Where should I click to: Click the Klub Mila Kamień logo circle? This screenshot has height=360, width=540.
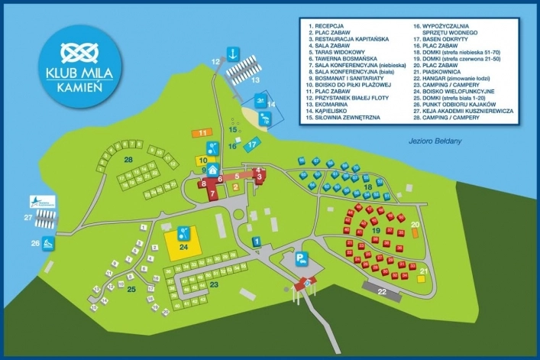coord(74,63)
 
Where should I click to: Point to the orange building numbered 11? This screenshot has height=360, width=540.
coord(202,133)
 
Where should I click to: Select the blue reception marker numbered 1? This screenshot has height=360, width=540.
coord(257,242)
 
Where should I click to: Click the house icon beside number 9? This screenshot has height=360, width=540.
coord(213,170)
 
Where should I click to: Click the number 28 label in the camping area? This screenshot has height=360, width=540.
coord(129,159)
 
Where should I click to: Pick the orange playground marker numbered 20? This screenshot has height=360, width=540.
coord(415,225)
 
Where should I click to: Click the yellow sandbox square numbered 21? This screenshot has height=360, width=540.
coord(422,277)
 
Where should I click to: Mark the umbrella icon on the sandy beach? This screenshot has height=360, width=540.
coord(265,118)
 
